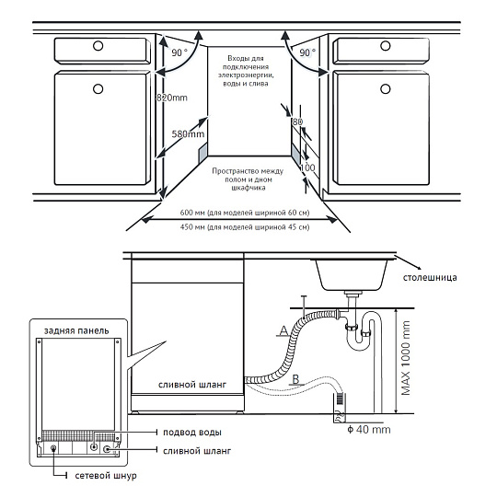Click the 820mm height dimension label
pyautogui.click(x=172, y=98)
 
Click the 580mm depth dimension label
pyautogui.click(x=188, y=134)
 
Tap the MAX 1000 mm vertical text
pyautogui.click(x=406, y=358)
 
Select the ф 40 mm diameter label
pyautogui.click(x=369, y=430)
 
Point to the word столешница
pyautogui.click(x=430, y=278)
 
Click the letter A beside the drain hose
pyautogui.click(x=283, y=331)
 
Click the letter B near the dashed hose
pyautogui.click(x=295, y=379)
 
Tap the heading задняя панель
pyautogui.click(x=76, y=331)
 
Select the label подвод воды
pyautogui.click(x=192, y=433)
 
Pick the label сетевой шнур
pyautogui.click(x=106, y=476)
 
